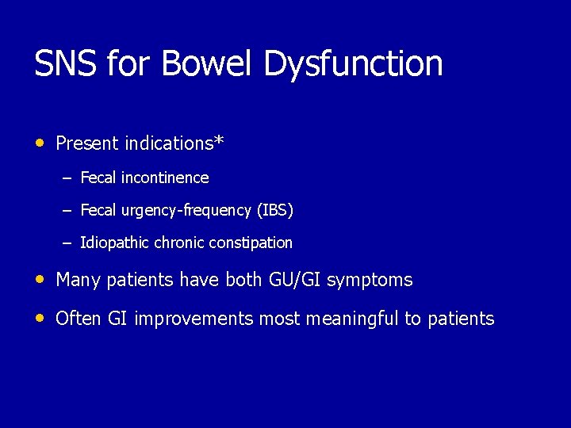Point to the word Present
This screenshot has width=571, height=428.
coord(86,143)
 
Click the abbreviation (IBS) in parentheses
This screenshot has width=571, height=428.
coord(275,211)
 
